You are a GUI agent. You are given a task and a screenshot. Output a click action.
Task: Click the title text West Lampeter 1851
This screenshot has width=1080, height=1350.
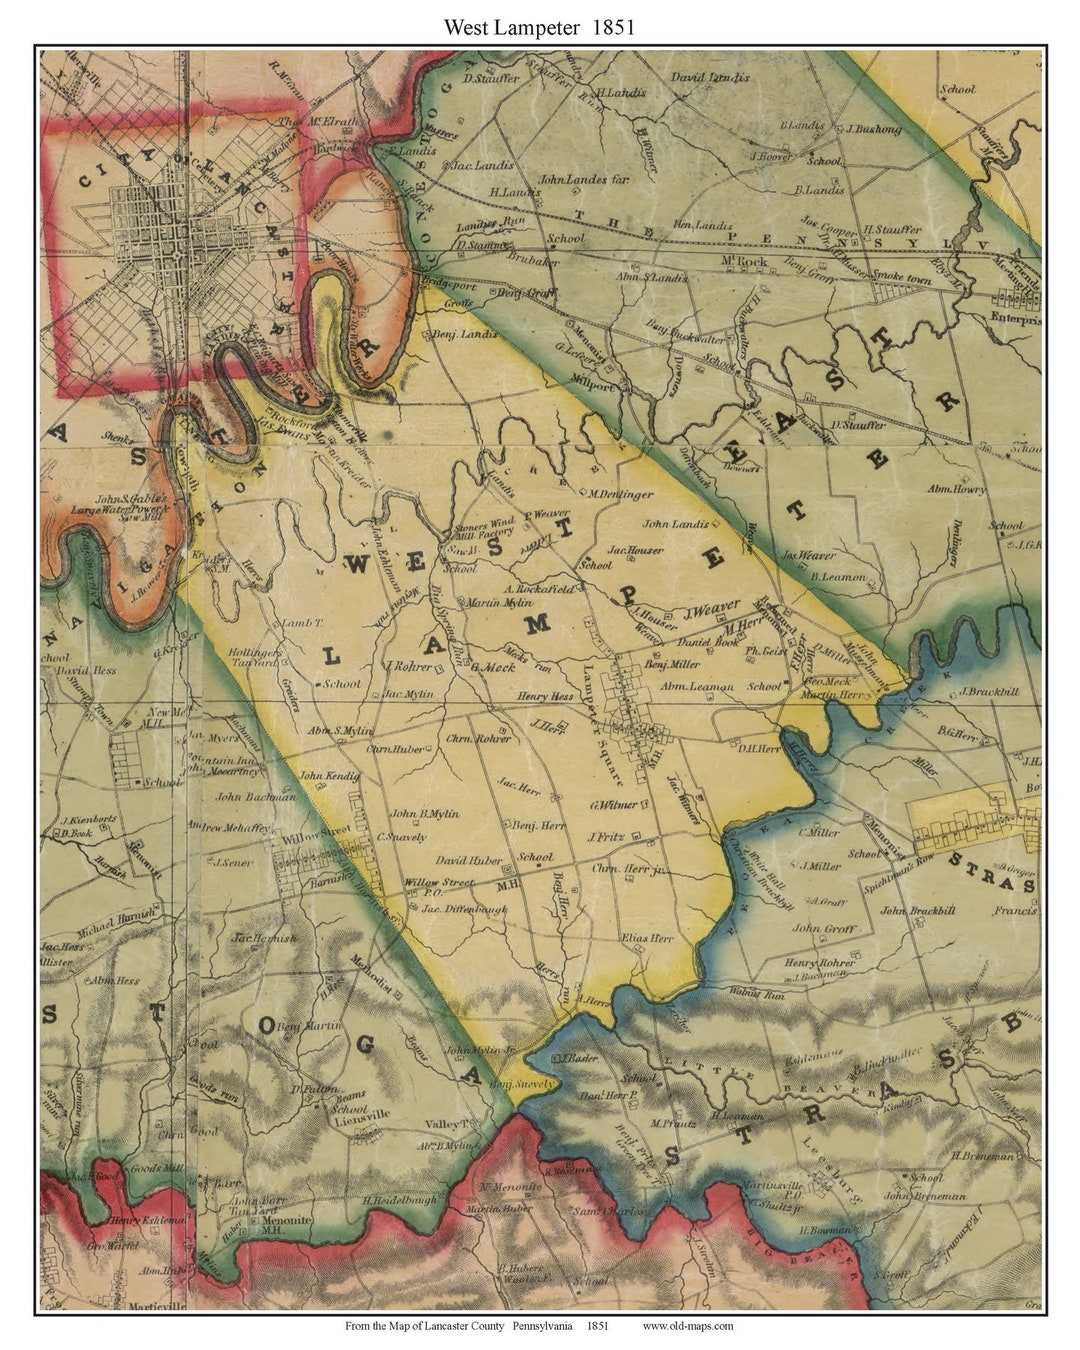tap(540, 27)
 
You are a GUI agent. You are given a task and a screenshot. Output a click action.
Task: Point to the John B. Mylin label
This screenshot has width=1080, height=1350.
tap(424, 814)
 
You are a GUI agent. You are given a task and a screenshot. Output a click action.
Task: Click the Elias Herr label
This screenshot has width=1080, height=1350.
tap(647, 939)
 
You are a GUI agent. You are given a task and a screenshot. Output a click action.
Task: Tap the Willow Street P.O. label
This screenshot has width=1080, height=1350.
tap(439, 884)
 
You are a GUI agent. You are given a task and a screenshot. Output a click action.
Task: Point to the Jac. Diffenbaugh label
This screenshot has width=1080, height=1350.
tap(464, 909)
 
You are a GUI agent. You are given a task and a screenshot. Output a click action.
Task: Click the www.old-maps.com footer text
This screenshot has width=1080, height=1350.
tap(687, 1326)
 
